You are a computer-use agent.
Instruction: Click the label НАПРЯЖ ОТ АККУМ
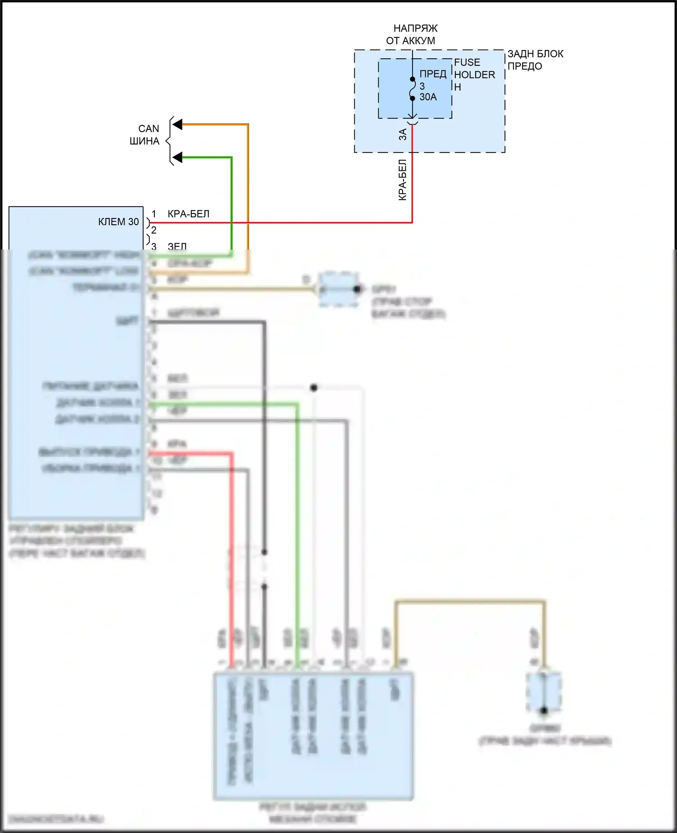pyautogui.click(x=412, y=35)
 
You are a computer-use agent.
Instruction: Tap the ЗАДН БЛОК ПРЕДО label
pyautogui.click(x=535, y=60)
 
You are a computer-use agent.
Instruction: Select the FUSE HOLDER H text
pyautogui.click(x=474, y=74)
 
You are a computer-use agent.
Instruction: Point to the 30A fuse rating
pyautogui.click(x=428, y=97)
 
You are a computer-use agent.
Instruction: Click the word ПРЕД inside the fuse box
pyautogui.click(x=432, y=74)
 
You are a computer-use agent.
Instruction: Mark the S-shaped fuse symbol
pyautogui.click(x=413, y=89)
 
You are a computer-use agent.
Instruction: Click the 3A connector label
pyautogui.click(x=403, y=134)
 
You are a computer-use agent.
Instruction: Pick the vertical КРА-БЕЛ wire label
pyautogui.click(x=403, y=180)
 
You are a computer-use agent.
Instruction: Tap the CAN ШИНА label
pyautogui.click(x=145, y=135)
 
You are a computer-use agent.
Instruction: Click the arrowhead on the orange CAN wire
pyautogui.click(x=178, y=125)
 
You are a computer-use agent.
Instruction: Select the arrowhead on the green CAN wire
pyautogui.click(x=178, y=157)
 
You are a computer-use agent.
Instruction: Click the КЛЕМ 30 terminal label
pyautogui.click(x=118, y=222)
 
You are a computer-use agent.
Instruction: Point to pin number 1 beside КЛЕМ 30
pyautogui.click(x=154, y=214)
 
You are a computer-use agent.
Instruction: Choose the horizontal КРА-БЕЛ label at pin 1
pyautogui.click(x=188, y=214)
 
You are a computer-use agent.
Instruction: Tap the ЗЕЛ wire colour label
pyautogui.click(x=177, y=246)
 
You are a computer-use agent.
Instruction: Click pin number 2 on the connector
pyautogui.click(x=154, y=230)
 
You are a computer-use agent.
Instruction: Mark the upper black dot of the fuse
pyautogui.click(x=413, y=79)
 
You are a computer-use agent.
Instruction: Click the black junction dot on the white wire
pyautogui.click(x=314, y=388)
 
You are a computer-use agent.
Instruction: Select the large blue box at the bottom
pyautogui.click(x=313, y=736)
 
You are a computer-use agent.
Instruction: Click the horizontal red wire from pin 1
pyautogui.click(x=280, y=222)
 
